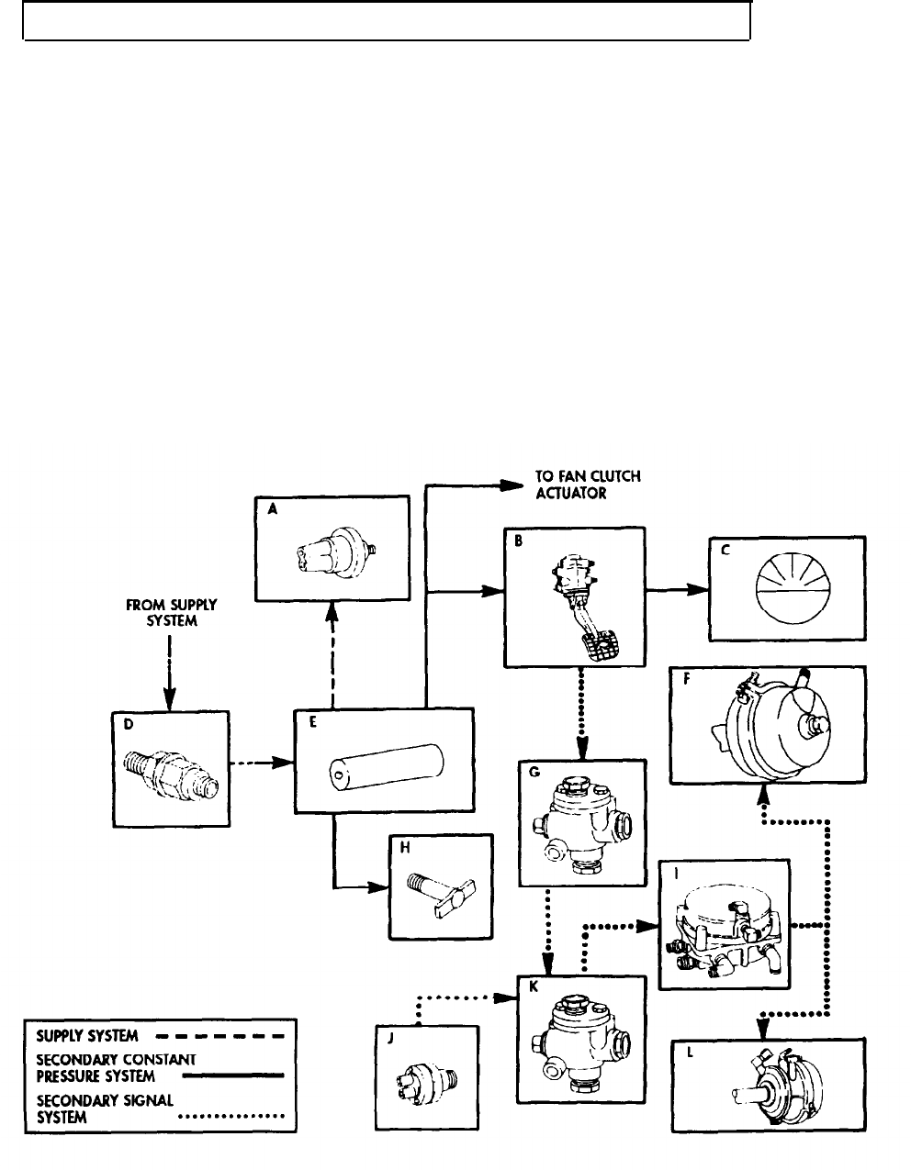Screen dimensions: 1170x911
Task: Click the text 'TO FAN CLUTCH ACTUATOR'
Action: pyautogui.click(x=588, y=484)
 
